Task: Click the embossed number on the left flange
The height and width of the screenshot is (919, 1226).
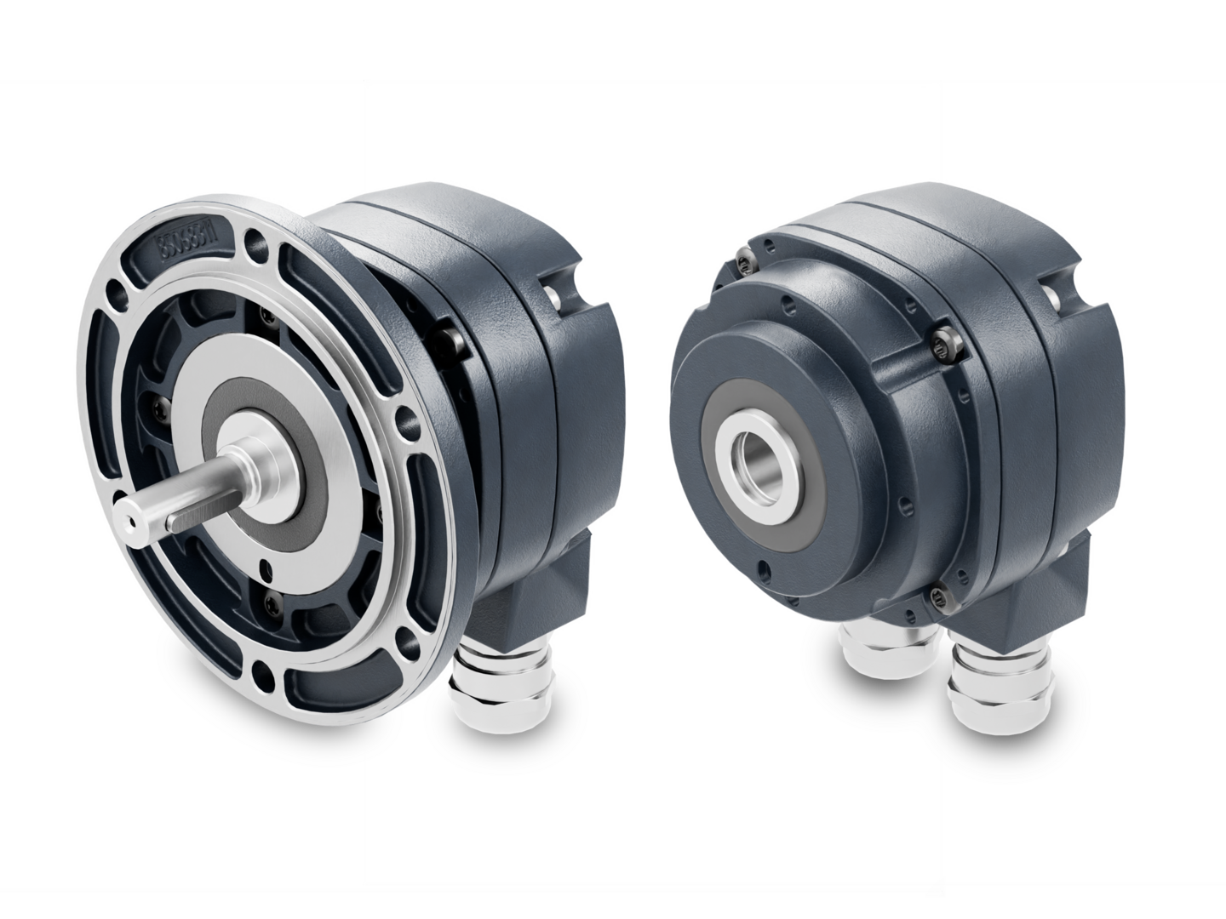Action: pyautogui.click(x=195, y=244)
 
